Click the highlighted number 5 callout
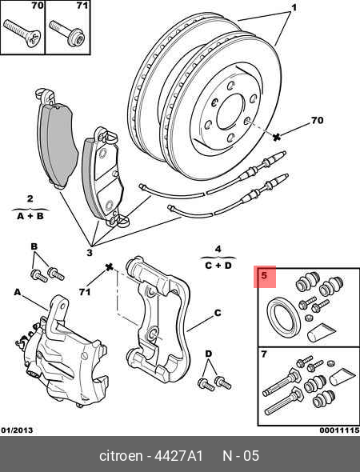(x=264, y=275)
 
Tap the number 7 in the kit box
(x=264, y=354)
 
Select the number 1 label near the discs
(x=294, y=7)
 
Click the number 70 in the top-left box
(x=38, y=6)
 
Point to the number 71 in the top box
(x=82, y=6)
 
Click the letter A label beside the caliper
(x=18, y=292)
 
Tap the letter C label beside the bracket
(x=218, y=313)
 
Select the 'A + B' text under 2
(x=30, y=216)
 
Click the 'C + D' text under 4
(x=218, y=266)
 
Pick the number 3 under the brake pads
(x=90, y=253)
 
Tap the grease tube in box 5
(x=320, y=332)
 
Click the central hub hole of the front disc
(x=230, y=110)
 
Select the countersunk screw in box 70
(x=22, y=33)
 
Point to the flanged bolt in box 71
(x=67, y=33)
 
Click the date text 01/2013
(x=17, y=430)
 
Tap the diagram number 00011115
(x=339, y=430)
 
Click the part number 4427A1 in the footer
(x=178, y=456)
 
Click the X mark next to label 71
(x=109, y=266)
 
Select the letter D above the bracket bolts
(x=208, y=354)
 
